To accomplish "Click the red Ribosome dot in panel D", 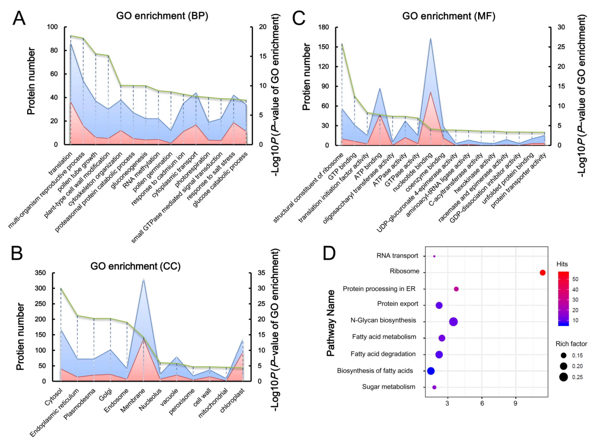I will point(542,273).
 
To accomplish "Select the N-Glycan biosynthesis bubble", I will point(453,322).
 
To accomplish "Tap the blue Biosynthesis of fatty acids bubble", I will point(431,371).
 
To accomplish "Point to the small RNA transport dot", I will point(434,256).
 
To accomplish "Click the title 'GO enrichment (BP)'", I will point(162,16).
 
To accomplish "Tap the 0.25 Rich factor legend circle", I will point(564,377).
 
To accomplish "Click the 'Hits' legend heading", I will point(562,264).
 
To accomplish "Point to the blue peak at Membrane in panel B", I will point(144,280).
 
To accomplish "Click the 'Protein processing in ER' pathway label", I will point(379,289).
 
